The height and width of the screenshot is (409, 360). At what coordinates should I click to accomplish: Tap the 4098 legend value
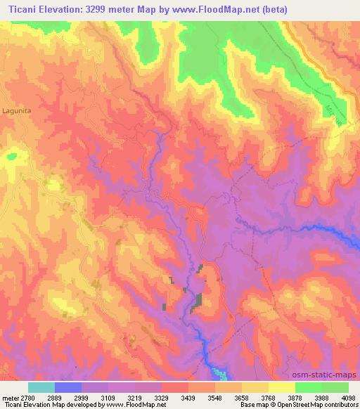pos(340,398)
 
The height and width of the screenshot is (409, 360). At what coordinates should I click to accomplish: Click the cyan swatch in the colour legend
pos(41,387)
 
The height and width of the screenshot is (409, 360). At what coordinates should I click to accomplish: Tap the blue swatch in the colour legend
pos(68,387)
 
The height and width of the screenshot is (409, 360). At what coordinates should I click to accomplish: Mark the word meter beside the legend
pos(9,398)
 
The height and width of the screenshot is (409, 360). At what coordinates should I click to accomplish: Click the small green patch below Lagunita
pos(11,156)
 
